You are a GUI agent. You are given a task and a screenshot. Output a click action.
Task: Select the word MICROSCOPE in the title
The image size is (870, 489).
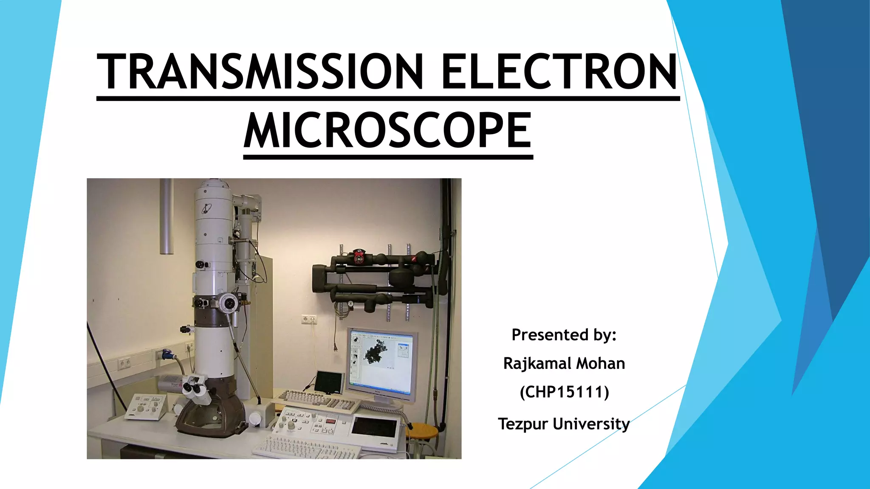click(x=388, y=131)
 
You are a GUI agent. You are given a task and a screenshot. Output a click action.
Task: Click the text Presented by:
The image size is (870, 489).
click(x=564, y=335)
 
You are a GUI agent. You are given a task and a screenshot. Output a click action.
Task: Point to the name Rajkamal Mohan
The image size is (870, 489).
click(x=564, y=364)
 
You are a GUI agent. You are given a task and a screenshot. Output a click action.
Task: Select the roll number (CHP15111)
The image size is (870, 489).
click(x=564, y=392)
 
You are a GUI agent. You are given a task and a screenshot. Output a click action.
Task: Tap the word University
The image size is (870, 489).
click(x=591, y=424)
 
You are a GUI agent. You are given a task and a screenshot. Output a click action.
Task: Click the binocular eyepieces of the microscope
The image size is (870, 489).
click(x=195, y=388)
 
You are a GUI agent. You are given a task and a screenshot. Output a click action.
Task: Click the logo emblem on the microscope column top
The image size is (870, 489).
click(x=207, y=208)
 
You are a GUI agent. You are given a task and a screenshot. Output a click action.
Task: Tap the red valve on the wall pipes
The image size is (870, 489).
click(x=359, y=257)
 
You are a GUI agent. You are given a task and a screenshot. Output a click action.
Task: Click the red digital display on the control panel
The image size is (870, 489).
click(x=331, y=421)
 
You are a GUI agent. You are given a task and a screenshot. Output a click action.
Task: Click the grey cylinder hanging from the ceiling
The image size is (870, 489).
click(x=167, y=216)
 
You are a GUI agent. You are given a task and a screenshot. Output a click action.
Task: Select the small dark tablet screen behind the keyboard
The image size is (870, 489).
click(x=329, y=382)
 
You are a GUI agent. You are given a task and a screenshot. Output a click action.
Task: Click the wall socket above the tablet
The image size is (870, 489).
click(x=309, y=319)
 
